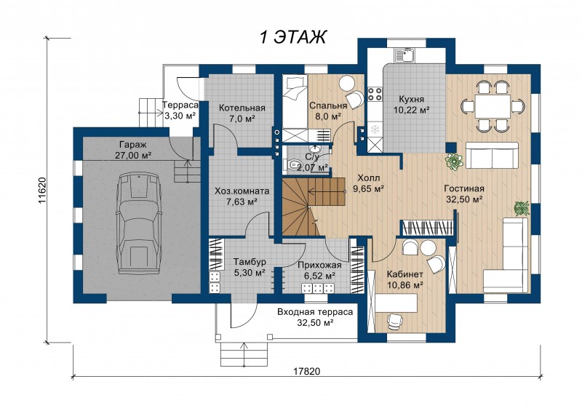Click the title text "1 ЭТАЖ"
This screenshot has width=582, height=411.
[293, 37]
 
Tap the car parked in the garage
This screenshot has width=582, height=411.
[138, 224]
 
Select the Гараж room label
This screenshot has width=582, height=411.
[133, 145]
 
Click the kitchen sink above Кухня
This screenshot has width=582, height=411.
[405, 55]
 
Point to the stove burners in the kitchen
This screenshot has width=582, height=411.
[375, 95]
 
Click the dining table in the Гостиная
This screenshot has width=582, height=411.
[493, 106]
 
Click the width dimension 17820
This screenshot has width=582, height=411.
[306, 371]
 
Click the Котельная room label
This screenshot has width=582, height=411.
[242, 108]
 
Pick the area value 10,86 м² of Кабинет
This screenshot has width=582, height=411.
[405, 285]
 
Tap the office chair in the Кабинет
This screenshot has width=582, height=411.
[394, 320]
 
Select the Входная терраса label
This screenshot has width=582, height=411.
[315, 312]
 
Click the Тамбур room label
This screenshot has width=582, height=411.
[250, 262]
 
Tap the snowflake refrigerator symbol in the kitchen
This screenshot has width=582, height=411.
[375, 129]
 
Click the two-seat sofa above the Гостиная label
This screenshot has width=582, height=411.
[492, 155]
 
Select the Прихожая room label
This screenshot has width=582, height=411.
[319, 266]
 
